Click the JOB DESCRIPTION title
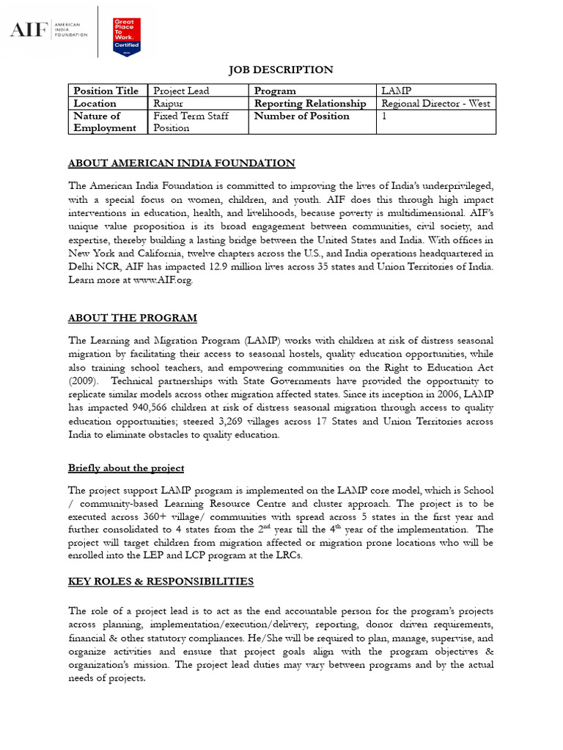click(x=281, y=70)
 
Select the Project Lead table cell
click(x=181, y=91)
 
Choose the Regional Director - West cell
click(x=435, y=103)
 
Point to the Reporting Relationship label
click(x=309, y=103)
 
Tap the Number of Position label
click(x=301, y=116)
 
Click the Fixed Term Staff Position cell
click(x=191, y=122)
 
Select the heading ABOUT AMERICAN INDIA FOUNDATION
click(x=181, y=163)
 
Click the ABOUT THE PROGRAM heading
click(x=133, y=318)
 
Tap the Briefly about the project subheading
click(x=125, y=468)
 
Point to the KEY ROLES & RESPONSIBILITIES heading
click(x=161, y=582)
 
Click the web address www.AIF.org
click(x=162, y=281)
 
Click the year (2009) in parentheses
click(x=83, y=382)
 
